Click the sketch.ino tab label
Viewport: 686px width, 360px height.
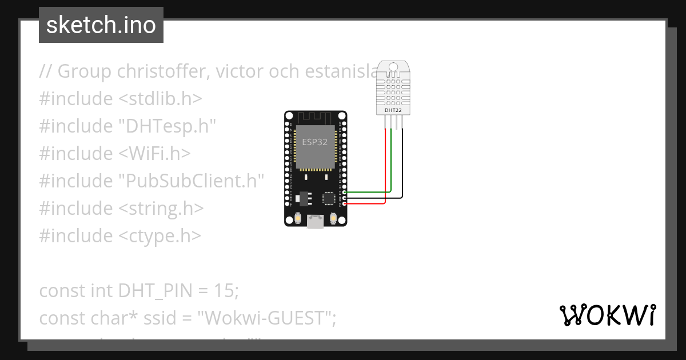pyautogui.click(x=101, y=25)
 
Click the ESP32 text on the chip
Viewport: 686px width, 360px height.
pyautogui.click(x=314, y=142)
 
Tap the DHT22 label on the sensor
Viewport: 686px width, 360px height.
pyautogui.click(x=392, y=110)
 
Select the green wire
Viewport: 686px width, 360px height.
pyautogui.click(x=391, y=166)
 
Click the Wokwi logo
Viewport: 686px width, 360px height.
pyautogui.click(x=607, y=315)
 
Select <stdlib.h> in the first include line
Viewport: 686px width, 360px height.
pyautogui.click(x=160, y=98)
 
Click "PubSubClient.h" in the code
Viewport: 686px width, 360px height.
pyautogui.click(x=191, y=181)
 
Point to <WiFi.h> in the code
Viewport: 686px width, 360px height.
pyautogui.click(x=154, y=154)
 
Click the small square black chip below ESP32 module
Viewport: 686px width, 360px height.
pyautogui.click(x=329, y=198)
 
